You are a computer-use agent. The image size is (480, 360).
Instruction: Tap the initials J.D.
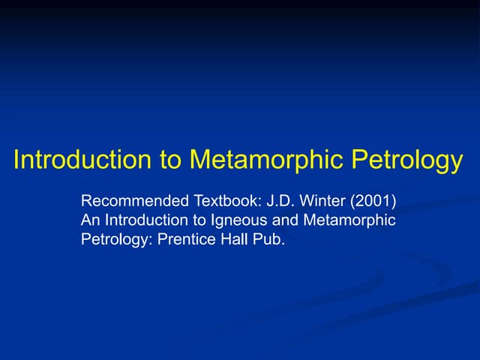click(x=281, y=202)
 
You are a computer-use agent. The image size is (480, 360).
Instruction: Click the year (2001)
click(x=372, y=202)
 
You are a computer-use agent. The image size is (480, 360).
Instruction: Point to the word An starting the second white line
click(x=90, y=220)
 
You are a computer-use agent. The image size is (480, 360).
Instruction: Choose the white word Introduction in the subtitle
click(x=145, y=220)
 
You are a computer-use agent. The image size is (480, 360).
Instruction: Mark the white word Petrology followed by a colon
click(x=115, y=241)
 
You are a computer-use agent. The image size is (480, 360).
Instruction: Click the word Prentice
click(x=186, y=240)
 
